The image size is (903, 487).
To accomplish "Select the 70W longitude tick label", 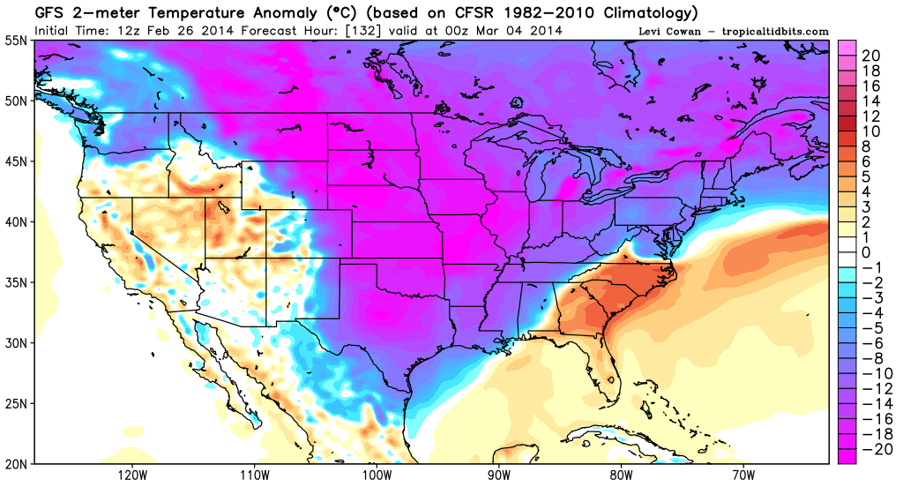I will pos(743,475).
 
